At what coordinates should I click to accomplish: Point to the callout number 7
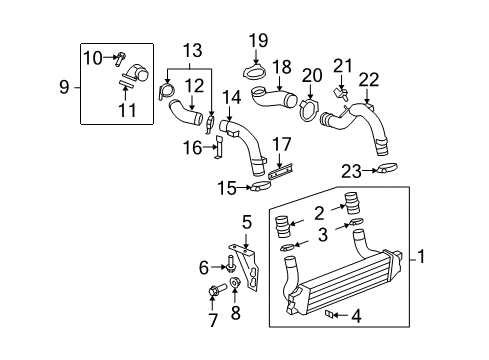click(x=213, y=320)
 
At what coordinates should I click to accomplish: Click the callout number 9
click(x=63, y=87)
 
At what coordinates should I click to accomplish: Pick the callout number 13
click(x=191, y=50)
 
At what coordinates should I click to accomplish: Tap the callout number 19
click(x=259, y=40)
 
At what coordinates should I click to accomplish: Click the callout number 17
click(x=282, y=143)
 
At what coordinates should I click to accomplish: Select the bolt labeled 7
click(x=213, y=291)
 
